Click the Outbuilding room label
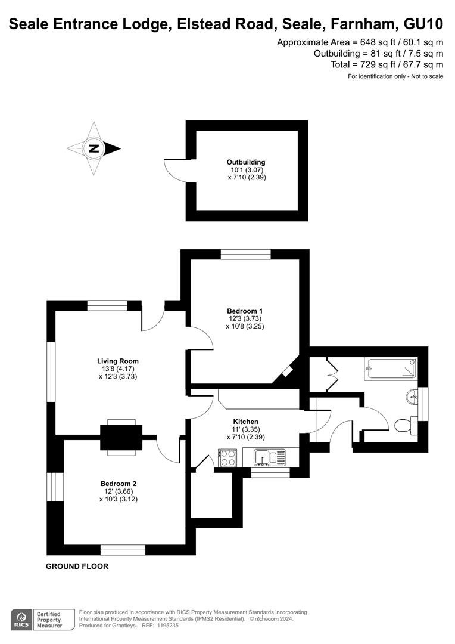[246, 162]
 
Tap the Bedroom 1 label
[245, 311]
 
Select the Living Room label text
[118, 361]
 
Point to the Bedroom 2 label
[118, 484]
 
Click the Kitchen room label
[246, 422]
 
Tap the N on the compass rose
[94, 148]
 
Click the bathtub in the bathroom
[392, 369]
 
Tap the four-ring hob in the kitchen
[228, 458]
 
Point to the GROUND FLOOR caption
[77, 566]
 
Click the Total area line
[387, 64]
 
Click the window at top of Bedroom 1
[246, 255]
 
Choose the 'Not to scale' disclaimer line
[395, 76]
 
